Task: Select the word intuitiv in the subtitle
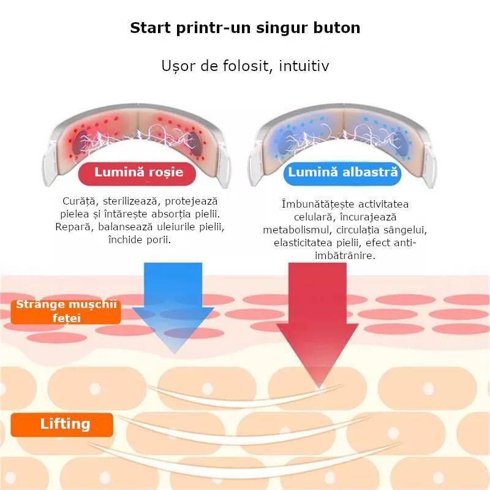[x=304, y=66]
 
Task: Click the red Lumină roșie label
[x=137, y=173]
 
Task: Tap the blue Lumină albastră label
[x=342, y=173]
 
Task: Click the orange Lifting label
[x=62, y=424]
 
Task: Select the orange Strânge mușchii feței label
[x=66, y=312]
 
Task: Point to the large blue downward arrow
[x=173, y=308]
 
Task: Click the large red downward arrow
[x=317, y=325]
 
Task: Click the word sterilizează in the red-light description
[x=130, y=202]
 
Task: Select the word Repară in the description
[x=74, y=227]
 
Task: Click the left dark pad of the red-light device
[x=80, y=143]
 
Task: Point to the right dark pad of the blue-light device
[x=401, y=145]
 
